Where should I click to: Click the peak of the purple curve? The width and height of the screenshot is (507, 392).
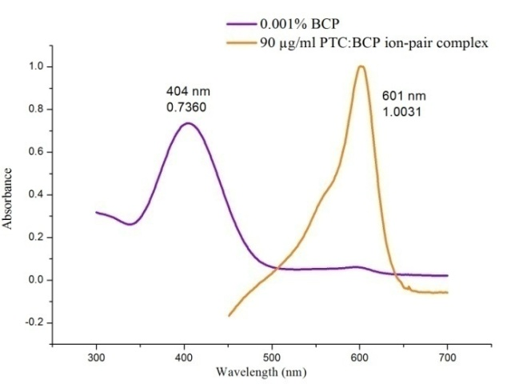click(187, 123)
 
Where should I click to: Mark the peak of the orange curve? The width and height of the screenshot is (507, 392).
click(361, 66)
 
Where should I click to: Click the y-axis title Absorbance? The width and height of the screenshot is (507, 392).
click(9, 198)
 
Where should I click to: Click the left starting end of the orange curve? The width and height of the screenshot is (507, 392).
click(229, 315)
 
